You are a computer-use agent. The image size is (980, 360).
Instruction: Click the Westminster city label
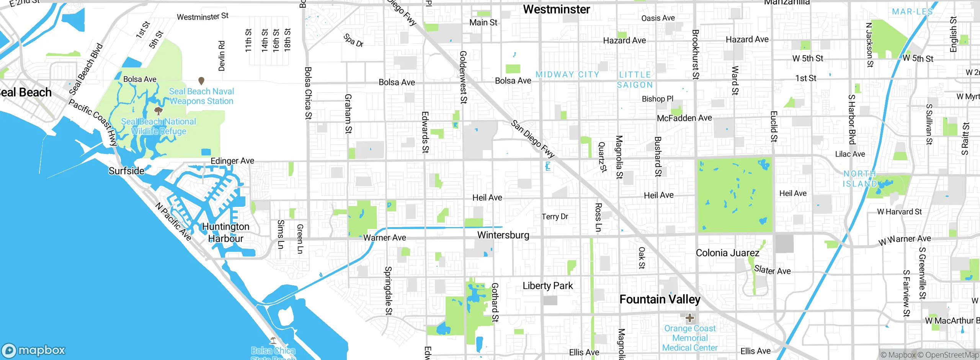[x=556, y=9]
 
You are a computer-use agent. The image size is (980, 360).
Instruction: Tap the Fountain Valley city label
[x=660, y=299]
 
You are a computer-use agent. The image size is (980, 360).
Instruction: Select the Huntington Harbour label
[x=225, y=232]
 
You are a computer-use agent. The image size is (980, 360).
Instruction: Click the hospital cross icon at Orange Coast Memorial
[x=689, y=318]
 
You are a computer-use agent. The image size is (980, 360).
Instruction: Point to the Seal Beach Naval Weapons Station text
[x=201, y=96]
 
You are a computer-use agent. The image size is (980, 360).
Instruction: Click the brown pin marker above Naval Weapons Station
[x=201, y=81]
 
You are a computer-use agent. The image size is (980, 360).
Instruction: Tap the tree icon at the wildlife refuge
[x=158, y=111]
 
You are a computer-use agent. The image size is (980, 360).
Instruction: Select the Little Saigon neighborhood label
[x=635, y=80]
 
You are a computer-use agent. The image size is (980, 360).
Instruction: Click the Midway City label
[x=567, y=75]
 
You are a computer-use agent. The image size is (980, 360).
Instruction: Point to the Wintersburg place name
[x=503, y=235]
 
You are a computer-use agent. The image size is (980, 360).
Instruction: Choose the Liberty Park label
[x=547, y=286]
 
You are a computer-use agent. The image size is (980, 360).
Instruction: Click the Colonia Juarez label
[x=727, y=253]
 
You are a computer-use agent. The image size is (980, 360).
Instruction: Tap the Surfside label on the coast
[x=126, y=171]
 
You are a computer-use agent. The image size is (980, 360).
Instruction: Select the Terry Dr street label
[x=554, y=216]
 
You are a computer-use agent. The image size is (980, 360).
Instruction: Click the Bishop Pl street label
[x=657, y=99]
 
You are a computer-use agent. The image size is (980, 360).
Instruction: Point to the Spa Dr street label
[x=353, y=40]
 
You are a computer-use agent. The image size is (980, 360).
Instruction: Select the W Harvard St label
[x=899, y=211]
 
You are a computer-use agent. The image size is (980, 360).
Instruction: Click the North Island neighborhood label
[x=860, y=179]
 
